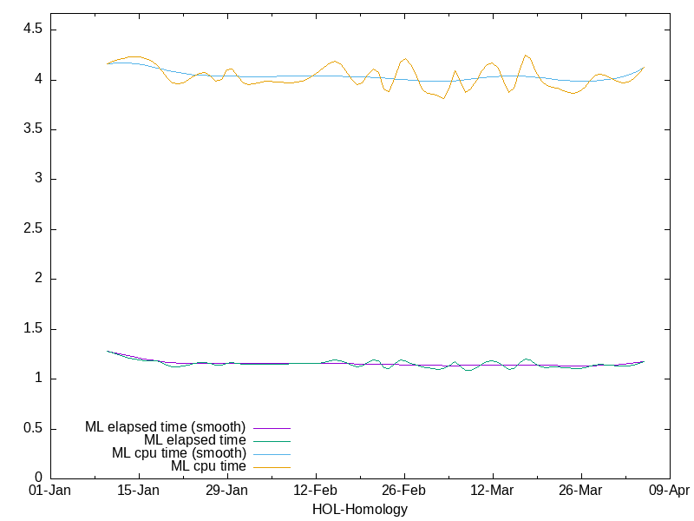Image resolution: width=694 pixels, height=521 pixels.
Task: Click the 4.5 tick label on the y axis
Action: click(34, 30)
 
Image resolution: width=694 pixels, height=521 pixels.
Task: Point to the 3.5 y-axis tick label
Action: click(34, 129)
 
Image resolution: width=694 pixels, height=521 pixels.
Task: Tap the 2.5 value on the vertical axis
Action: click(34, 229)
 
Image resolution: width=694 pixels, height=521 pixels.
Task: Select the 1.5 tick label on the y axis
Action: click(34, 329)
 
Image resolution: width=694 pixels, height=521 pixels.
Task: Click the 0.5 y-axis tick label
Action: click(34, 429)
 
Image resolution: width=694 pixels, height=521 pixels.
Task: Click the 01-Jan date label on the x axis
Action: click(50, 491)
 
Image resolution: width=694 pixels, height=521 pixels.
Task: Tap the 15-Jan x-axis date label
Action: click(139, 491)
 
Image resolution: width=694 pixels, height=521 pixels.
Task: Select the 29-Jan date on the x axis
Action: click(227, 491)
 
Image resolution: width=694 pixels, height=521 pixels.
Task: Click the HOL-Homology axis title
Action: click(360, 510)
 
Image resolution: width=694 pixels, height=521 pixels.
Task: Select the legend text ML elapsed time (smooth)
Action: click(165, 427)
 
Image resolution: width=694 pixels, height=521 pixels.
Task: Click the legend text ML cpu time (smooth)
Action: click(179, 453)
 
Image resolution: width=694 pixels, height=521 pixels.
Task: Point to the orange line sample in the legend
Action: click(272, 467)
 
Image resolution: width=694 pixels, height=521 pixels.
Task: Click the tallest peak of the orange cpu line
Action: click(526, 56)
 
